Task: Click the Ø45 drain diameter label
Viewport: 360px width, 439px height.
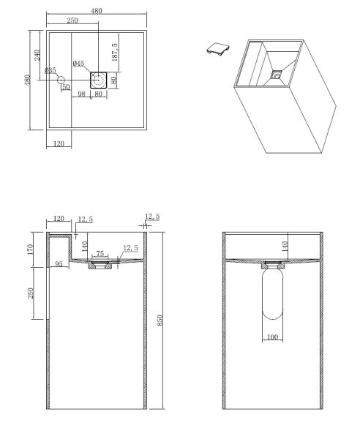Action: [79, 63]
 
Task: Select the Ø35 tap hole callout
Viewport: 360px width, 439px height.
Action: [50, 71]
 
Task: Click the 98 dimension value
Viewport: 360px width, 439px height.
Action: [81, 94]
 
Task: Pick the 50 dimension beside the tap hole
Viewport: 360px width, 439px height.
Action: [65, 88]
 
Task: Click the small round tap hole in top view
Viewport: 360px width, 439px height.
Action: [61, 80]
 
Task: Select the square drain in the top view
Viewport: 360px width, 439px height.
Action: [99, 80]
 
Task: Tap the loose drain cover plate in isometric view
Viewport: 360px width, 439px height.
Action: [216, 48]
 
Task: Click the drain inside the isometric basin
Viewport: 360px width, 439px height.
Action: [277, 74]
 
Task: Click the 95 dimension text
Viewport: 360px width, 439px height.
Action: [59, 263]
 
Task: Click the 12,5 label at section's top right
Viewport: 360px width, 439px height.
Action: [153, 217]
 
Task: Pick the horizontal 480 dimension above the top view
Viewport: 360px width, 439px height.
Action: [97, 11]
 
